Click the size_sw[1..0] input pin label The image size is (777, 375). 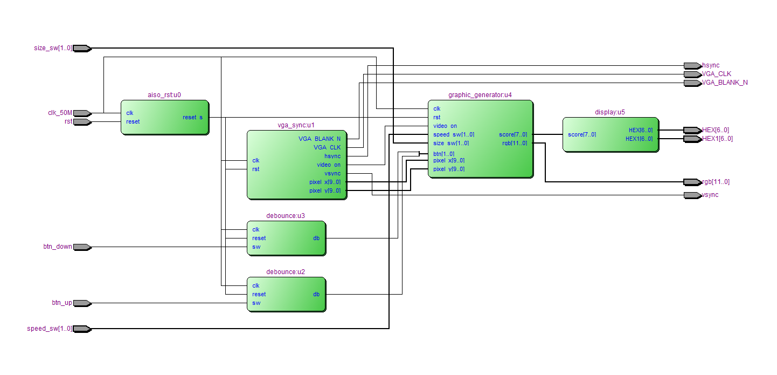coord(53,49)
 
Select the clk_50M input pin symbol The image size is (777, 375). coord(82,113)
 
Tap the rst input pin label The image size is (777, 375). coord(68,122)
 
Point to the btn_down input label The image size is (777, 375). coord(58,247)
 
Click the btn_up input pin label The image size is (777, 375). coord(61,303)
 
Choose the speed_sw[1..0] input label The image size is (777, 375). coord(50,329)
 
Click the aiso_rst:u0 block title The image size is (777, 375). coord(164,95)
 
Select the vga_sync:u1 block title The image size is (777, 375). coord(296,125)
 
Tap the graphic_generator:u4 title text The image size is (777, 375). coord(480,95)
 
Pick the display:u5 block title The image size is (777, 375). coord(610,112)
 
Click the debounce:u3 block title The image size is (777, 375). coord(286,216)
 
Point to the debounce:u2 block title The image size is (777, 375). coord(286,272)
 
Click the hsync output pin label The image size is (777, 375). coord(711,66)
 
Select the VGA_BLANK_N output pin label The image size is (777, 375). coord(725,83)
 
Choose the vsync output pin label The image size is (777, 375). coord(710,195)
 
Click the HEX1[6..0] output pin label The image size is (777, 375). coord(717,139)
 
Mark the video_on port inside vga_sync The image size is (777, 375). coord(328,165)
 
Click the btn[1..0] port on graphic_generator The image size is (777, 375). coord(443,154)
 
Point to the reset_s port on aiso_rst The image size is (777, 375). coord(192,118)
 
